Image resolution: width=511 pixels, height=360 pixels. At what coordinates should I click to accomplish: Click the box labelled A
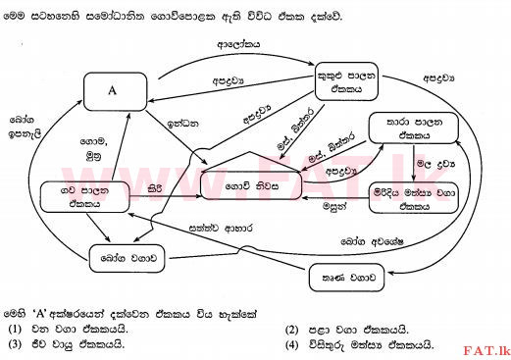112,91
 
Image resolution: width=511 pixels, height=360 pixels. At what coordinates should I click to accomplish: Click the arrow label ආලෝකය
237,45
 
